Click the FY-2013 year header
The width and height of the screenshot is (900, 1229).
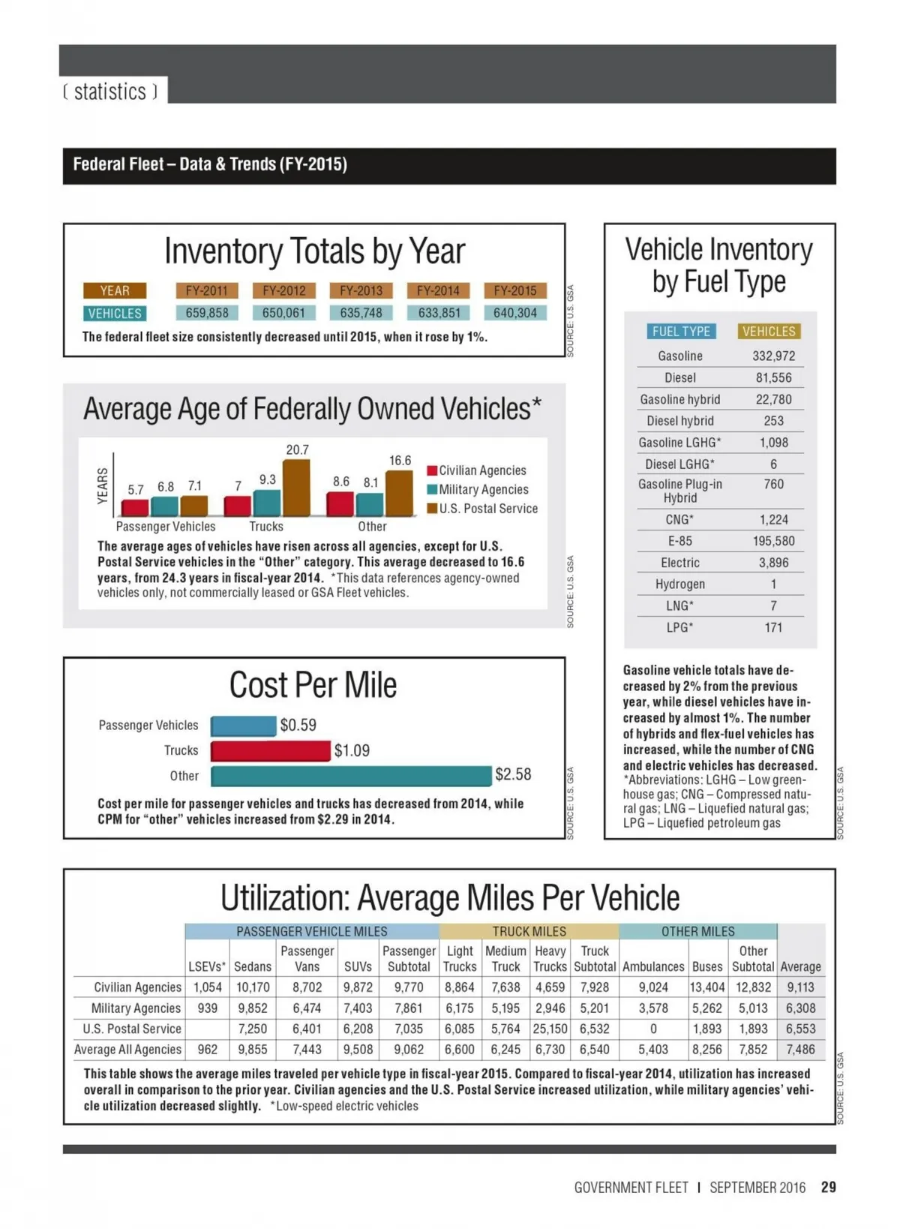(361, 290)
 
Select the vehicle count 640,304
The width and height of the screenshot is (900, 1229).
(514, 313)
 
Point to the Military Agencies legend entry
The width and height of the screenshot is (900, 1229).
(478, 490)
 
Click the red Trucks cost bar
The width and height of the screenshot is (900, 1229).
(270, 750)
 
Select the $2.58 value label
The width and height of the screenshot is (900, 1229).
(513, 774)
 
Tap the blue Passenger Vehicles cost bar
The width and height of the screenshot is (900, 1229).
(243, 726)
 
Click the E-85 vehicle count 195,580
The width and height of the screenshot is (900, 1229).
(773, 541)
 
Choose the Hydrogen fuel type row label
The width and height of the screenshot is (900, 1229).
(679, 584)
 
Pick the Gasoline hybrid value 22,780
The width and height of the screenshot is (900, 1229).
(773, 399)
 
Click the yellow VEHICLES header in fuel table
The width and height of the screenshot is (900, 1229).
(769, 331)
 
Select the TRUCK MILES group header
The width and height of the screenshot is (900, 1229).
(529, 931)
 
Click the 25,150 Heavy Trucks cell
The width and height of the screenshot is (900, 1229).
(550, 1029)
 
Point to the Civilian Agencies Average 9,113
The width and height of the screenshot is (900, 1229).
(800, 987)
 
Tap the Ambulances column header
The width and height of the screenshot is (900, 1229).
(653, 966)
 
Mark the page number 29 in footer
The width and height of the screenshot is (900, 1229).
(828, 1187)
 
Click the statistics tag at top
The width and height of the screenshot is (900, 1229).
(111, 92)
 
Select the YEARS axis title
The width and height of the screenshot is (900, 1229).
(103, 485)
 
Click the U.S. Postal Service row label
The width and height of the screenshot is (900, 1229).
(132, 1029)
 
